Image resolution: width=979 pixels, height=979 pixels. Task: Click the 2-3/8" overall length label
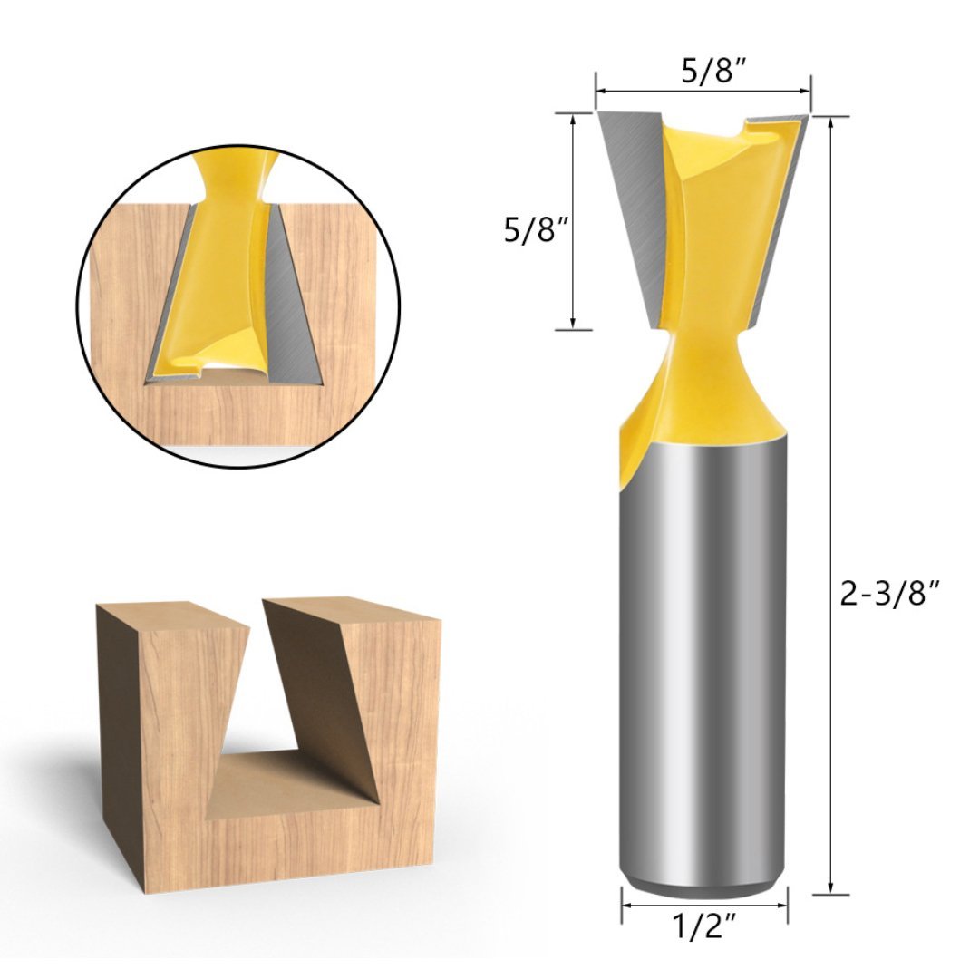[887, 595]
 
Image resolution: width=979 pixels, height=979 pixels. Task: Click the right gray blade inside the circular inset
[290, 299]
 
